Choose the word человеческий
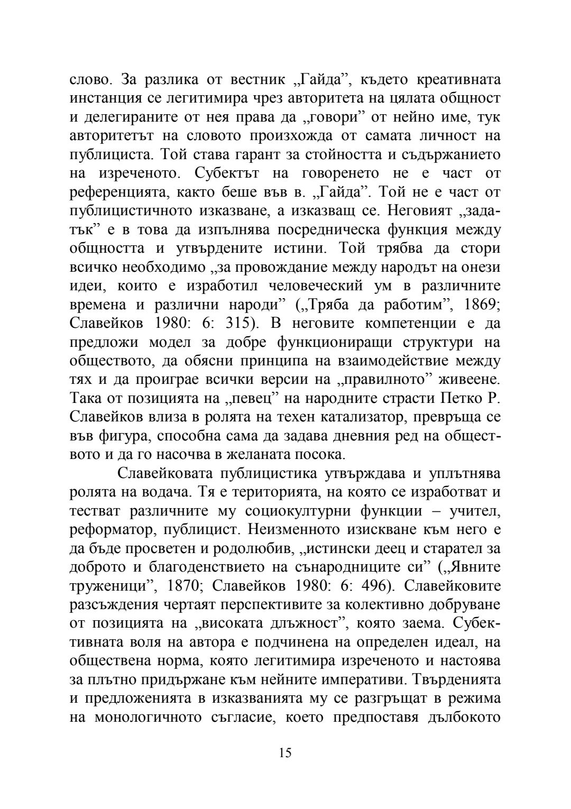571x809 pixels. click(x=308, y=286)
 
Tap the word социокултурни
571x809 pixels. click(x=298, y=511)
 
